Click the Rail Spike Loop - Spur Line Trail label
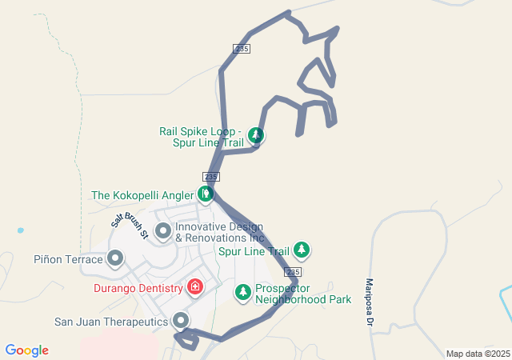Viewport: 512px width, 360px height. coord(201,137)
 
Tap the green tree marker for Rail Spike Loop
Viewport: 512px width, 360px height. coord(255,135)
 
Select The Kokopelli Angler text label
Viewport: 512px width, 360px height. coord(142,194)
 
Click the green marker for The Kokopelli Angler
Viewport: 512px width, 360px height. coord(206,194)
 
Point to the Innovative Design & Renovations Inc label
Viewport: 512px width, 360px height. coord(219,232)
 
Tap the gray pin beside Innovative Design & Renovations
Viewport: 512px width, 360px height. coord(163,232)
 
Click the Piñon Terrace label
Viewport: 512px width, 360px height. coord(69,259)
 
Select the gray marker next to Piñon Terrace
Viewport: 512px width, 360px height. coord(115,258)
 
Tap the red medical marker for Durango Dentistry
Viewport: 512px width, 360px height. coord(194,286)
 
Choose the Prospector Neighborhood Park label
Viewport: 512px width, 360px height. coord(303,294)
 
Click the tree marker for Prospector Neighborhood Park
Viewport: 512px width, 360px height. coord(242,293)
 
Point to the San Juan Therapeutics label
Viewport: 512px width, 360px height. coord(111,322)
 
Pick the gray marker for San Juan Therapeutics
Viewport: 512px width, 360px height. coord(182,321)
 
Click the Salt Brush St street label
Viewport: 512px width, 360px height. coord(130,226)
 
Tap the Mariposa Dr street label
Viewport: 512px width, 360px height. coord(370,302)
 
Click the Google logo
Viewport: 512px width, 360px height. coord(26,350)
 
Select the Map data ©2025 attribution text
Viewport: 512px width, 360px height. coord(478,354)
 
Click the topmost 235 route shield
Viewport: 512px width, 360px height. coord(242,49)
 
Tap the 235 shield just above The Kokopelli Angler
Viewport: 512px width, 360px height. coord(211,176)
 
